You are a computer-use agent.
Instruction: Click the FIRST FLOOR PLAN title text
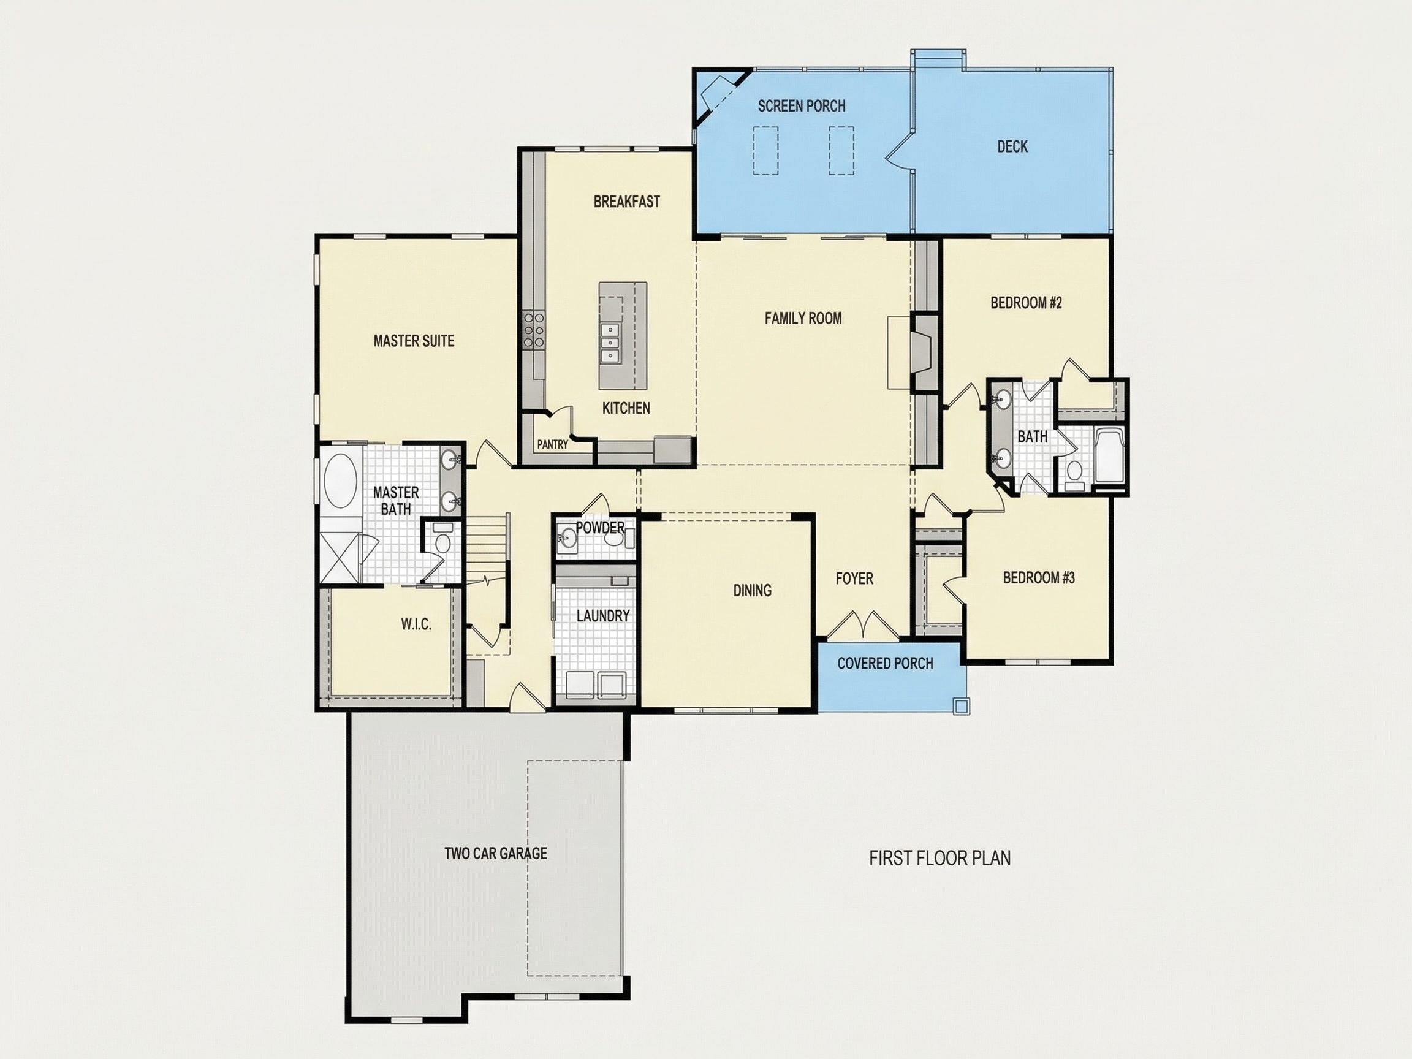939,858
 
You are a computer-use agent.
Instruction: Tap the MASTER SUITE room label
414,341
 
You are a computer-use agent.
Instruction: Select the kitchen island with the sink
623,336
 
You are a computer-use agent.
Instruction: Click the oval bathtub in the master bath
343,480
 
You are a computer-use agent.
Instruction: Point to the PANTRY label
552,444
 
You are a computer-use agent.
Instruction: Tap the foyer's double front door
863,624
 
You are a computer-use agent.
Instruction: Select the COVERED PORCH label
886,663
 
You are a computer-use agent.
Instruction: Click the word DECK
1012,147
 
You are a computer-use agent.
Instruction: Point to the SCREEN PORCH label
801,106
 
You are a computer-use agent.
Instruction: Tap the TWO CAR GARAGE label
495,854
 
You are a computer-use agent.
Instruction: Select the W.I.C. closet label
416,624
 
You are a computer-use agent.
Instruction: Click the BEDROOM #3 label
1039,578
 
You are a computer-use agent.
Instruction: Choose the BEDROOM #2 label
1026,303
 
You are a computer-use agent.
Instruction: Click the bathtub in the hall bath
1110,457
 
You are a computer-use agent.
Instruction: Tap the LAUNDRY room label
602,616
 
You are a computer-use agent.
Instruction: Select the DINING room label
752,590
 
